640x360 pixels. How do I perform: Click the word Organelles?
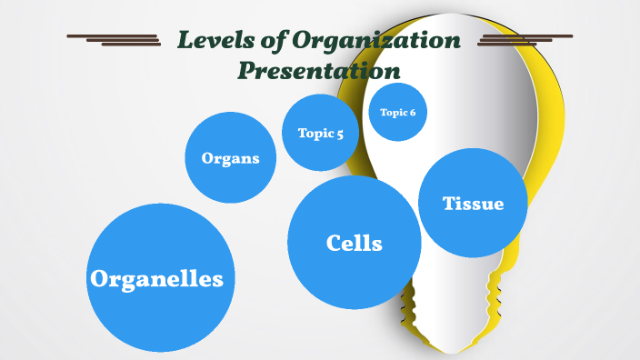click(x=156, y=279)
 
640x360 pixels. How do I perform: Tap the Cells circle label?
click(x=354, y=243)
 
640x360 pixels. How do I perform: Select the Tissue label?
click(x=473, y=204)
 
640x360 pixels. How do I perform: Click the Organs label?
click(x=230, y=158)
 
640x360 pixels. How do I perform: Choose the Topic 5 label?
click(x=320, y=134)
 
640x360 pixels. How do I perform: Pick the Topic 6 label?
click(x=397, y=113)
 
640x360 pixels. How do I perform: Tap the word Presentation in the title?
click(x=319, y=70)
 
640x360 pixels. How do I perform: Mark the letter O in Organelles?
click(x=100, y=279)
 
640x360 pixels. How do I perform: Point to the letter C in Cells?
click(x=334, y=243)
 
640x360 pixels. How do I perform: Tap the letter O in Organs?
click(x=208, y=158)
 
